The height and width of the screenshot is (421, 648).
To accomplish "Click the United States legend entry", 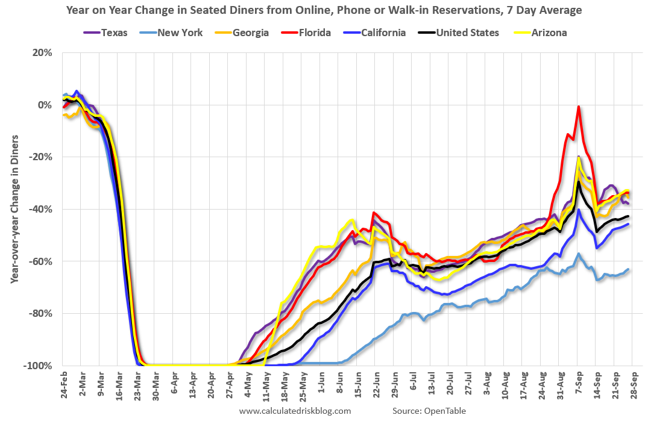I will click(x=461, y=33).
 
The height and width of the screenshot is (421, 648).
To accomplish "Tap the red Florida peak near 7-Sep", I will click(x=579, y=107).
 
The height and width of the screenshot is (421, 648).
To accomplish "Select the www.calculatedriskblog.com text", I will click(x=295, y=411).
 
